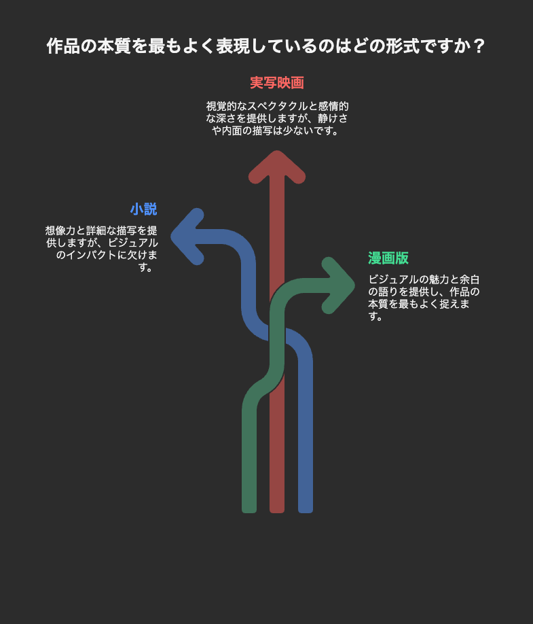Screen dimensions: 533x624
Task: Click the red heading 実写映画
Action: click(x=277, y=83)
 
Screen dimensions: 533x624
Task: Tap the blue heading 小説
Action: click(x=144, y=209)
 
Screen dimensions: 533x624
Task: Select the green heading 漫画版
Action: click(x=388, y=258)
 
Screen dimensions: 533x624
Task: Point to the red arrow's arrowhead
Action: click(x=277, y=167)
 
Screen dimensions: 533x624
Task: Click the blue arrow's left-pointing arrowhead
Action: click(x=187, y=237)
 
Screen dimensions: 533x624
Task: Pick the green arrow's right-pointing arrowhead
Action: click(x=338, y=285)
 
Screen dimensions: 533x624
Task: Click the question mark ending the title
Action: click(x=479, y=46)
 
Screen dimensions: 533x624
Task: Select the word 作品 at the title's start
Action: click(x=63, y=46)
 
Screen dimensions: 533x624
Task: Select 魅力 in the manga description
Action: click(x=439, y=280)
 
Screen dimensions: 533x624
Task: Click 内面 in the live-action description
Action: click(x=232, y=131)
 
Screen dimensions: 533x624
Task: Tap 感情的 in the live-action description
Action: click(x=333, y=106)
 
